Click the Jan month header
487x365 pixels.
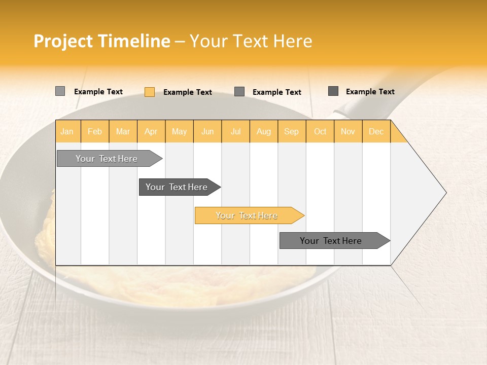pyautogui.click(x=67, y=131)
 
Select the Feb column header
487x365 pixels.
pyautogui.click(x=95, y=131)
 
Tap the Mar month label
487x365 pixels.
pyautogui.click(x=123, y=131)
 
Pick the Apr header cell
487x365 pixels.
pyautogui.click(x=151, y=131)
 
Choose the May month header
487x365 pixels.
pyautogui.click(x=179, y=131)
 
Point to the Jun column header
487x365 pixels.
pyautogui.click(x=207, y=131)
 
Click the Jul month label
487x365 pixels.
pyautogui.click(x=235, y=131)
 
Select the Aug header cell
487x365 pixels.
pyautogui.click(x=264, y=131)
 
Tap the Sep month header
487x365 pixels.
pyautogui.click(x=292, y=131)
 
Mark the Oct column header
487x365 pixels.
pyautogui.click(x=320, y=131)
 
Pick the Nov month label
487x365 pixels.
pyautogui.click(x=348, y=131)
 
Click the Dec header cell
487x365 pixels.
pyautogui.click(x=376, y=131)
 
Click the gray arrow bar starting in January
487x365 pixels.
pyautogui.click(x=107, y=159)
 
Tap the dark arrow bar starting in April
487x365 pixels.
pyautogui.click(x=177, y=187)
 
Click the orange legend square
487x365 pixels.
pyautogui.click(x=149, y=92)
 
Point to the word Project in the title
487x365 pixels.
pyautogui.click(x=63, y=41)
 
